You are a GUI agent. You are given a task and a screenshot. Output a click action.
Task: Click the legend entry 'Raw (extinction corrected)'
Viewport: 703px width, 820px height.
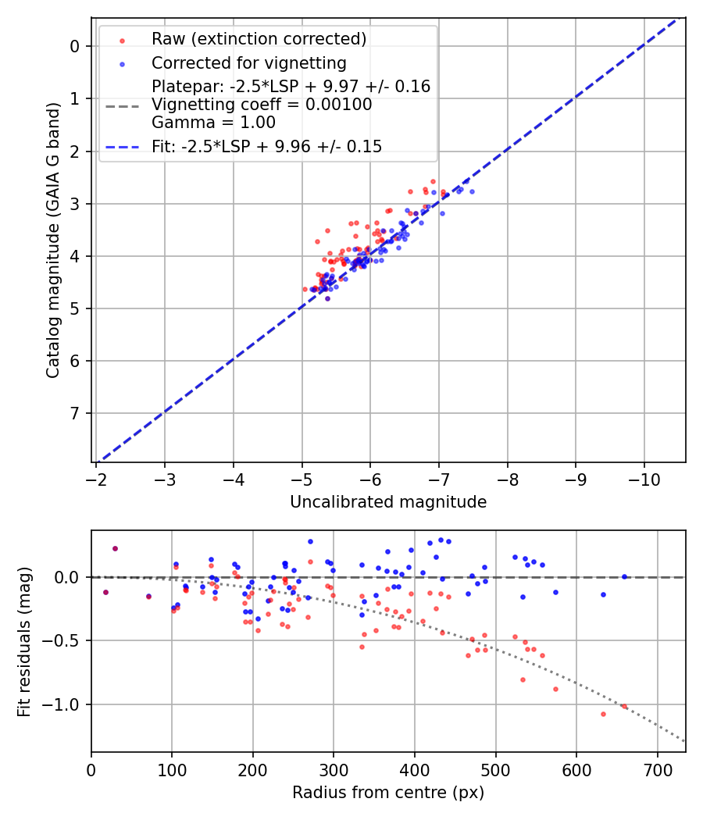tap(259, 39)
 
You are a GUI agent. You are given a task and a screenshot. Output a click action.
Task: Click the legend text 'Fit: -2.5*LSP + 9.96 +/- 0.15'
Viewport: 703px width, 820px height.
tap(266, 147)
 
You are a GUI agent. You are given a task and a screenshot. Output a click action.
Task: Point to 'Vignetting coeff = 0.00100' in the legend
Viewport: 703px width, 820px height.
tap(262, 105)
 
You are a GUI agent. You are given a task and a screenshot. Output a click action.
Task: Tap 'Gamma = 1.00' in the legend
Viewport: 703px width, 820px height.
tap(213, 123)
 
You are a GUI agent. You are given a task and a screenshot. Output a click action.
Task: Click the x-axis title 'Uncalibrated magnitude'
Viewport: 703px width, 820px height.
tap(388, 502)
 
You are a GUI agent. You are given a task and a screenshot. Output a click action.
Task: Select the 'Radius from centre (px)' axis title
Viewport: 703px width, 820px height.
tap(388, 793)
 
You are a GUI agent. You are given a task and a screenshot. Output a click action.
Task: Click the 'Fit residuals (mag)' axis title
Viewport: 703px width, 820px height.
tap(24, 641)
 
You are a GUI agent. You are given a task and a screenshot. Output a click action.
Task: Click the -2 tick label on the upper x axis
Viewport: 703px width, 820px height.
tap(96, 476)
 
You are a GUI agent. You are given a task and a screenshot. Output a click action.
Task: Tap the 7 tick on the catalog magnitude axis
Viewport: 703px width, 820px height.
tap(75, 413)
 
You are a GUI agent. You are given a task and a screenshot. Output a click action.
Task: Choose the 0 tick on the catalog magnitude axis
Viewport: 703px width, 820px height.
tap(75, 46)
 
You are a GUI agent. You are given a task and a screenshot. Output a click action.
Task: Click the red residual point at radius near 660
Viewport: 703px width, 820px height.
tap(624, 706)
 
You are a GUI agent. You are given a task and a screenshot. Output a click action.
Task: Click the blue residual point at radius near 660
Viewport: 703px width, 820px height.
tap(624, 576)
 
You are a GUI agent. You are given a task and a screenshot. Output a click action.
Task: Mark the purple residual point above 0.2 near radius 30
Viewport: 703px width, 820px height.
tap(115, 548)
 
